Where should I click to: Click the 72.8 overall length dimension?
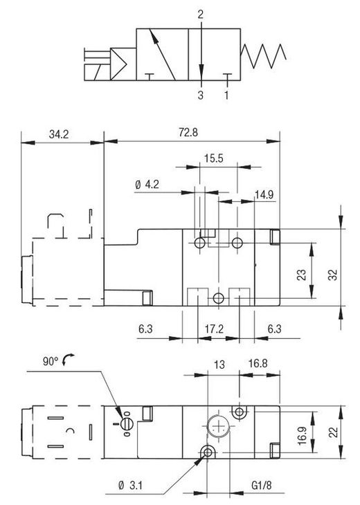tap(188, 132)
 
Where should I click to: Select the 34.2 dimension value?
tap(59, 134)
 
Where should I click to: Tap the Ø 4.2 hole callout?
tap(147, 185)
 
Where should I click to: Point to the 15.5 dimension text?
tap(213, 158)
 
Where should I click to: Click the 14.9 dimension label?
tap(264, 194)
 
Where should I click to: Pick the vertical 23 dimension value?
tap(301, 275)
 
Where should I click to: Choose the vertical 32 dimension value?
tap(333, 275)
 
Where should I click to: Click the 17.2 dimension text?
tap(214, 329)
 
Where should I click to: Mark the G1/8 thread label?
tap(262, 486)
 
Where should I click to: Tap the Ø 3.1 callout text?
tap(131, 486)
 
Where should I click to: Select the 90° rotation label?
tap(51, 361)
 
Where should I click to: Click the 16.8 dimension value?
tap(258, 363)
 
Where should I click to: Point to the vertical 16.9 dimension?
tap(303, 436)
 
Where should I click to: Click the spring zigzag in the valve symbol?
tap(263, 56)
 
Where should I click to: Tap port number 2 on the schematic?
tap(201, 15)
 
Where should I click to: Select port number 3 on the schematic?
tap(201, 95)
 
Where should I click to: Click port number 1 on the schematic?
tap(226, 95)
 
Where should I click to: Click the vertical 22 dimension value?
tap(334, 432)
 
